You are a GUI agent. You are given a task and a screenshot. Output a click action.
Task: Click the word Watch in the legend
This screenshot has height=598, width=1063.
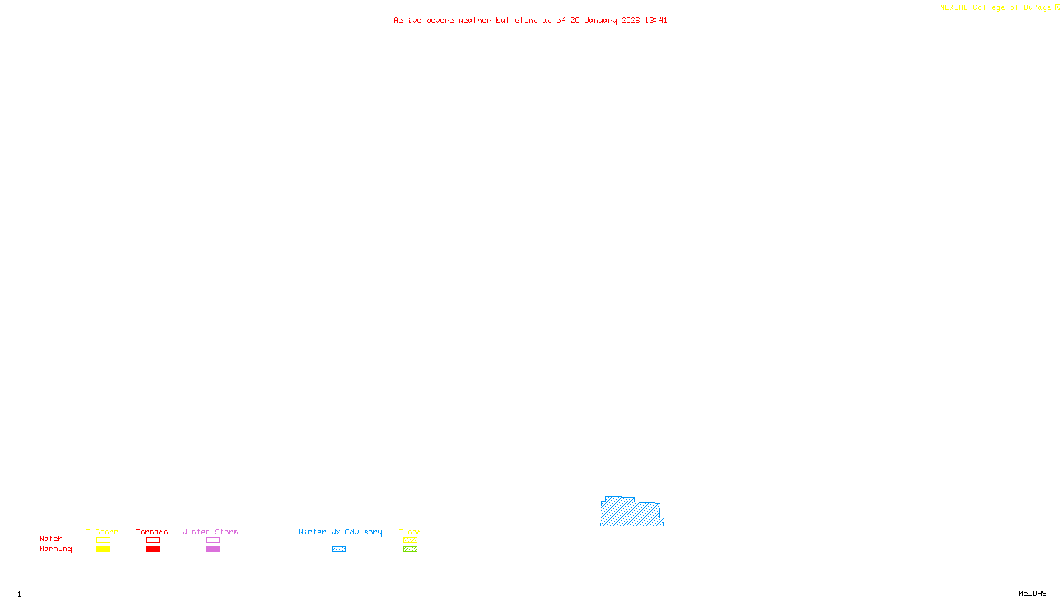click(x=51, y=538)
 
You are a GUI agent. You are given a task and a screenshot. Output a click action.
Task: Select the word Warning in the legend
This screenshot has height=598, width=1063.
click(x=56, y=549)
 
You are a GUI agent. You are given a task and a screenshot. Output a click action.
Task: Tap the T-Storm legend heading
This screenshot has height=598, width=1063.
click(x=102, y=532)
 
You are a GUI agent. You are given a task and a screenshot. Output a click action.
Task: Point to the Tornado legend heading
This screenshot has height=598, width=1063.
click(x=152, y=532)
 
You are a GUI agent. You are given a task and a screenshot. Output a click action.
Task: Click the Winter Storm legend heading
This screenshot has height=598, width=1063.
click(x=210, y=532)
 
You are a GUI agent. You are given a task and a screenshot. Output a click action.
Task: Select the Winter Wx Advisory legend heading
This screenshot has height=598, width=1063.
click(x=340, y=532)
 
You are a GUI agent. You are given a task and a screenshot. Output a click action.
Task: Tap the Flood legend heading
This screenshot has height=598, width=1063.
click(x=410, y=532)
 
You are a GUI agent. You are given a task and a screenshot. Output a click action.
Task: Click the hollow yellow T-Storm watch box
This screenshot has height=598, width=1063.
click(x=103, y=540)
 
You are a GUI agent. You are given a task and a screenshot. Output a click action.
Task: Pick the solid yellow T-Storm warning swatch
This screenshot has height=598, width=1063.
click(x=103, y=549)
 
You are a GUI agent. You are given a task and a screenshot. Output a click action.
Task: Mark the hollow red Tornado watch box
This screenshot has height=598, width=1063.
click(x=153, y=540)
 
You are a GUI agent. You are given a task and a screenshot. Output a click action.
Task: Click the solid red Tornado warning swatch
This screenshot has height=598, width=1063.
click(x=153, y=549)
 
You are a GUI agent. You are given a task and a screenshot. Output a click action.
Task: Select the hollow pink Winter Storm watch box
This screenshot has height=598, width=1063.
click(x=213, y=540)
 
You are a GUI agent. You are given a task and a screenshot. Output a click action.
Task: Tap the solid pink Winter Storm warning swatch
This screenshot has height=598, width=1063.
click(x=213, y=549)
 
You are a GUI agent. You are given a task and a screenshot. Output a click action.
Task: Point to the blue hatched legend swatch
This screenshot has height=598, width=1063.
click(x=339, y=549)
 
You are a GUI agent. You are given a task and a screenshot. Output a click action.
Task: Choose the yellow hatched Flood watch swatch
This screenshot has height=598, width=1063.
click(x=410, y=540)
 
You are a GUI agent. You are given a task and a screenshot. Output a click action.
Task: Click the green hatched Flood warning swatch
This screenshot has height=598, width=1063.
click(x=410, y=549)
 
